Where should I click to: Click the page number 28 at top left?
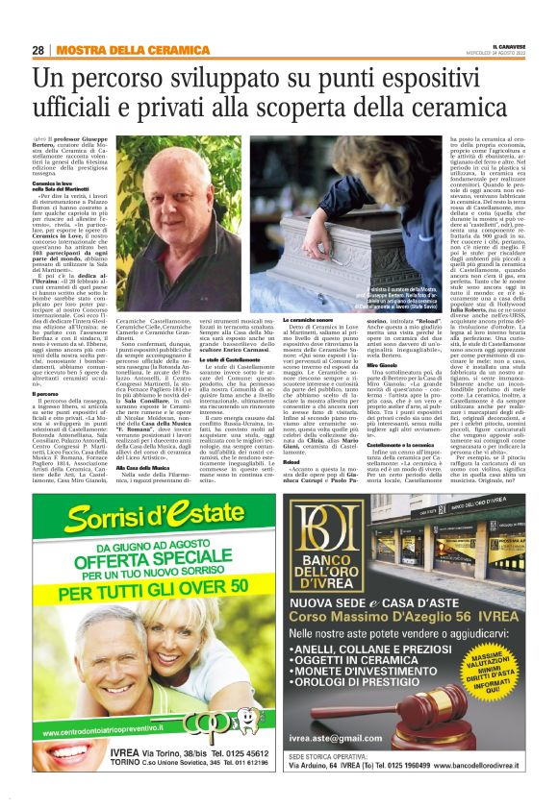[x=38, y=50]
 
